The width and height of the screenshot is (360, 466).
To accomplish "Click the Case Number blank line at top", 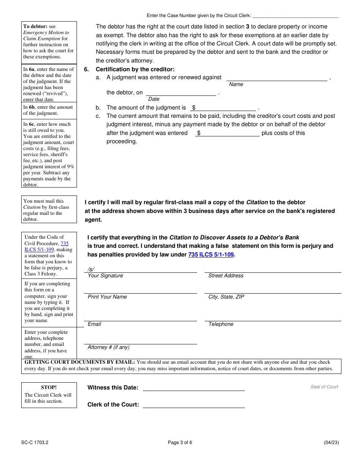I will click(295, 16).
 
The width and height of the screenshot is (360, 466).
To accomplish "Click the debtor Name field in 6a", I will click(277, 78).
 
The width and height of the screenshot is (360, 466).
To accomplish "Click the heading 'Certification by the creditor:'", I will click(135, 69).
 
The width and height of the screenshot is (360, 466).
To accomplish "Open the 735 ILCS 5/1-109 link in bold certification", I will click(211, 255).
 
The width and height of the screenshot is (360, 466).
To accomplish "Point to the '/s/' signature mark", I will click(91, 269).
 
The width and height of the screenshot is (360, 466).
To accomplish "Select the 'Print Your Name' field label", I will click(107, 297).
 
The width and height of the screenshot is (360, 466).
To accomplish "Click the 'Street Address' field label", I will click(226, 276).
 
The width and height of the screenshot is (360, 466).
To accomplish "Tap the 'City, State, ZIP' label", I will click(226, 297).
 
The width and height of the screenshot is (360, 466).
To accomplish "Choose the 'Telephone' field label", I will click(221, 324).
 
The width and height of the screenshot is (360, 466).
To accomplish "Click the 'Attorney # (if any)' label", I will click(108, 347).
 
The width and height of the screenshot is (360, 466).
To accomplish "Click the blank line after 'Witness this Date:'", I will click(194, 388).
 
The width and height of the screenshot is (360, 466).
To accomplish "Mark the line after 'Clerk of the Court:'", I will click(194, 405).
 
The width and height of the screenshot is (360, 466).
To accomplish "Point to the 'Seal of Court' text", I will click(324, 387).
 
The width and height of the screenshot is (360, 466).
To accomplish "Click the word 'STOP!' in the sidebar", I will click(49, 387).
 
